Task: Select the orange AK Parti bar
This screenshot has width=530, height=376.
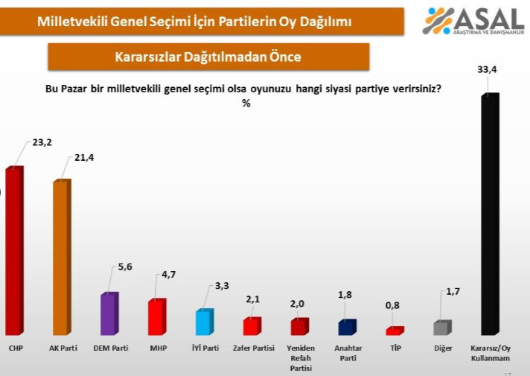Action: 61,258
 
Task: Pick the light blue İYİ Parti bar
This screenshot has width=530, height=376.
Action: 202,322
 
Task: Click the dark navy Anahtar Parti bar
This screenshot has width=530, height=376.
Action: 346,328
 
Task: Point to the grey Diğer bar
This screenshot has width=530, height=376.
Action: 441,328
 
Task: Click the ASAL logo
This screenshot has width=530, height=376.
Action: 473,21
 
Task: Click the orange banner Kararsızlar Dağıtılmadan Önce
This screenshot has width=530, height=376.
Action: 208,57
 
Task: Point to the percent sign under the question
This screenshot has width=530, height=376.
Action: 246,103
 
